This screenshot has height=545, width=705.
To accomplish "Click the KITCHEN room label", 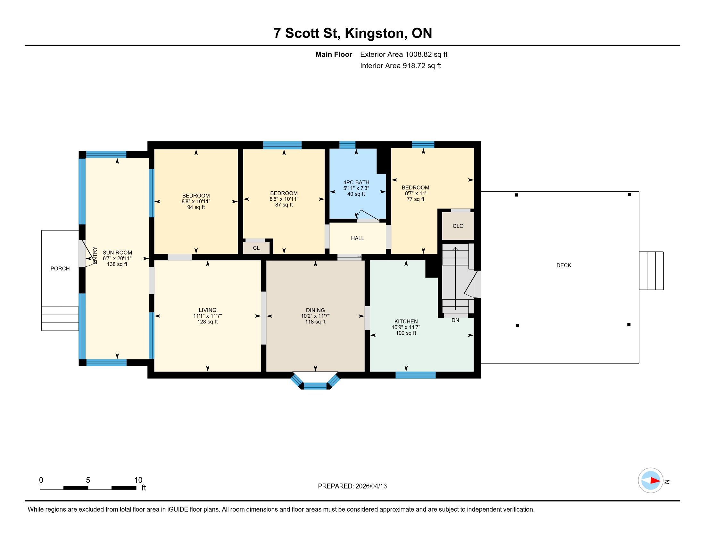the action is pyautogui.click(x=406, y=321).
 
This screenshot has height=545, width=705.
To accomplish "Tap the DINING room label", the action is pyautogui.click(x=315, y=310).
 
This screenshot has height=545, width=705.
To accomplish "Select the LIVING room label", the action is pyautogui.click(x=208, y=310).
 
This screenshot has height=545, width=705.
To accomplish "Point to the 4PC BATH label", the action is pyautogui.click(x=356, y=182).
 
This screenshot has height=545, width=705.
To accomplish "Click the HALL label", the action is pyautogui.click(x=357, y=238).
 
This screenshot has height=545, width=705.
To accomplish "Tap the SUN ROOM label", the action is pyautogui.click(x=117, y=253).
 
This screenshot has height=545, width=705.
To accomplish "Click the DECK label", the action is pyautogui.click(x=564, y=265).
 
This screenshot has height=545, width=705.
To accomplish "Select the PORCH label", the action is pyautogui.click(x=60, y=269).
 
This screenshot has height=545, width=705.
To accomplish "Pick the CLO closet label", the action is pyautogui.click(x=458, y=226).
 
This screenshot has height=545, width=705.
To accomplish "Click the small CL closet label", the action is pyautogui.click(x=256, y=248).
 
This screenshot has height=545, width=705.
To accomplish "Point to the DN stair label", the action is pyautogui.click(x=455, y=320).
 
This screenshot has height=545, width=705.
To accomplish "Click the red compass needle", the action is pyautogui.click(x=655, y=481).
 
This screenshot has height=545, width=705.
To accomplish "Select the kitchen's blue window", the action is pyautogui.click(x=415, y=375).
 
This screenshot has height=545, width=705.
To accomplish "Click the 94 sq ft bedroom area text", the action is pyautogui.click(x=196, y=207).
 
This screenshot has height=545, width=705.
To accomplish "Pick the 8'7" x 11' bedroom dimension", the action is pyautogui.click(x=415, y=193).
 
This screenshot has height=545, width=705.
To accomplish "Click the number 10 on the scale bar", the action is pyautogui.click(x=138, y=480).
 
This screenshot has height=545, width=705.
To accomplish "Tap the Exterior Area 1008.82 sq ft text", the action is pyautogui.click(x=403, y=55).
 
